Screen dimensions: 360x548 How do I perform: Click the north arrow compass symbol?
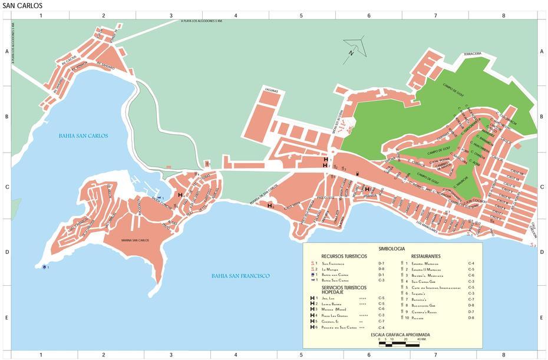[352, 47]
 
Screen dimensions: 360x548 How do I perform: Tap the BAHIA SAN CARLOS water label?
[83, 136]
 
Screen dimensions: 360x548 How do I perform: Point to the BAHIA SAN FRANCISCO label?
[240, 276]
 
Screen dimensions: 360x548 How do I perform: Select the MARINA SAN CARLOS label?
[135, 240]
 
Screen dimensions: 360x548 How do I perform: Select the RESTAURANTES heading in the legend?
[424, 256]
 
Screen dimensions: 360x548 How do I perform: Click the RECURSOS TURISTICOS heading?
[344, 256]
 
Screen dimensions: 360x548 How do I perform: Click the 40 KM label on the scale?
[422, 339]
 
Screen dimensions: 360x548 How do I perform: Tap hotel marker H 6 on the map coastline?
[270, 206]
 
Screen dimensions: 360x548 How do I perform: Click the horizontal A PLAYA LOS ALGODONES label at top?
[202, 22]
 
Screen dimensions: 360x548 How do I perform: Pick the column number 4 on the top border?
[236, 15]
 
